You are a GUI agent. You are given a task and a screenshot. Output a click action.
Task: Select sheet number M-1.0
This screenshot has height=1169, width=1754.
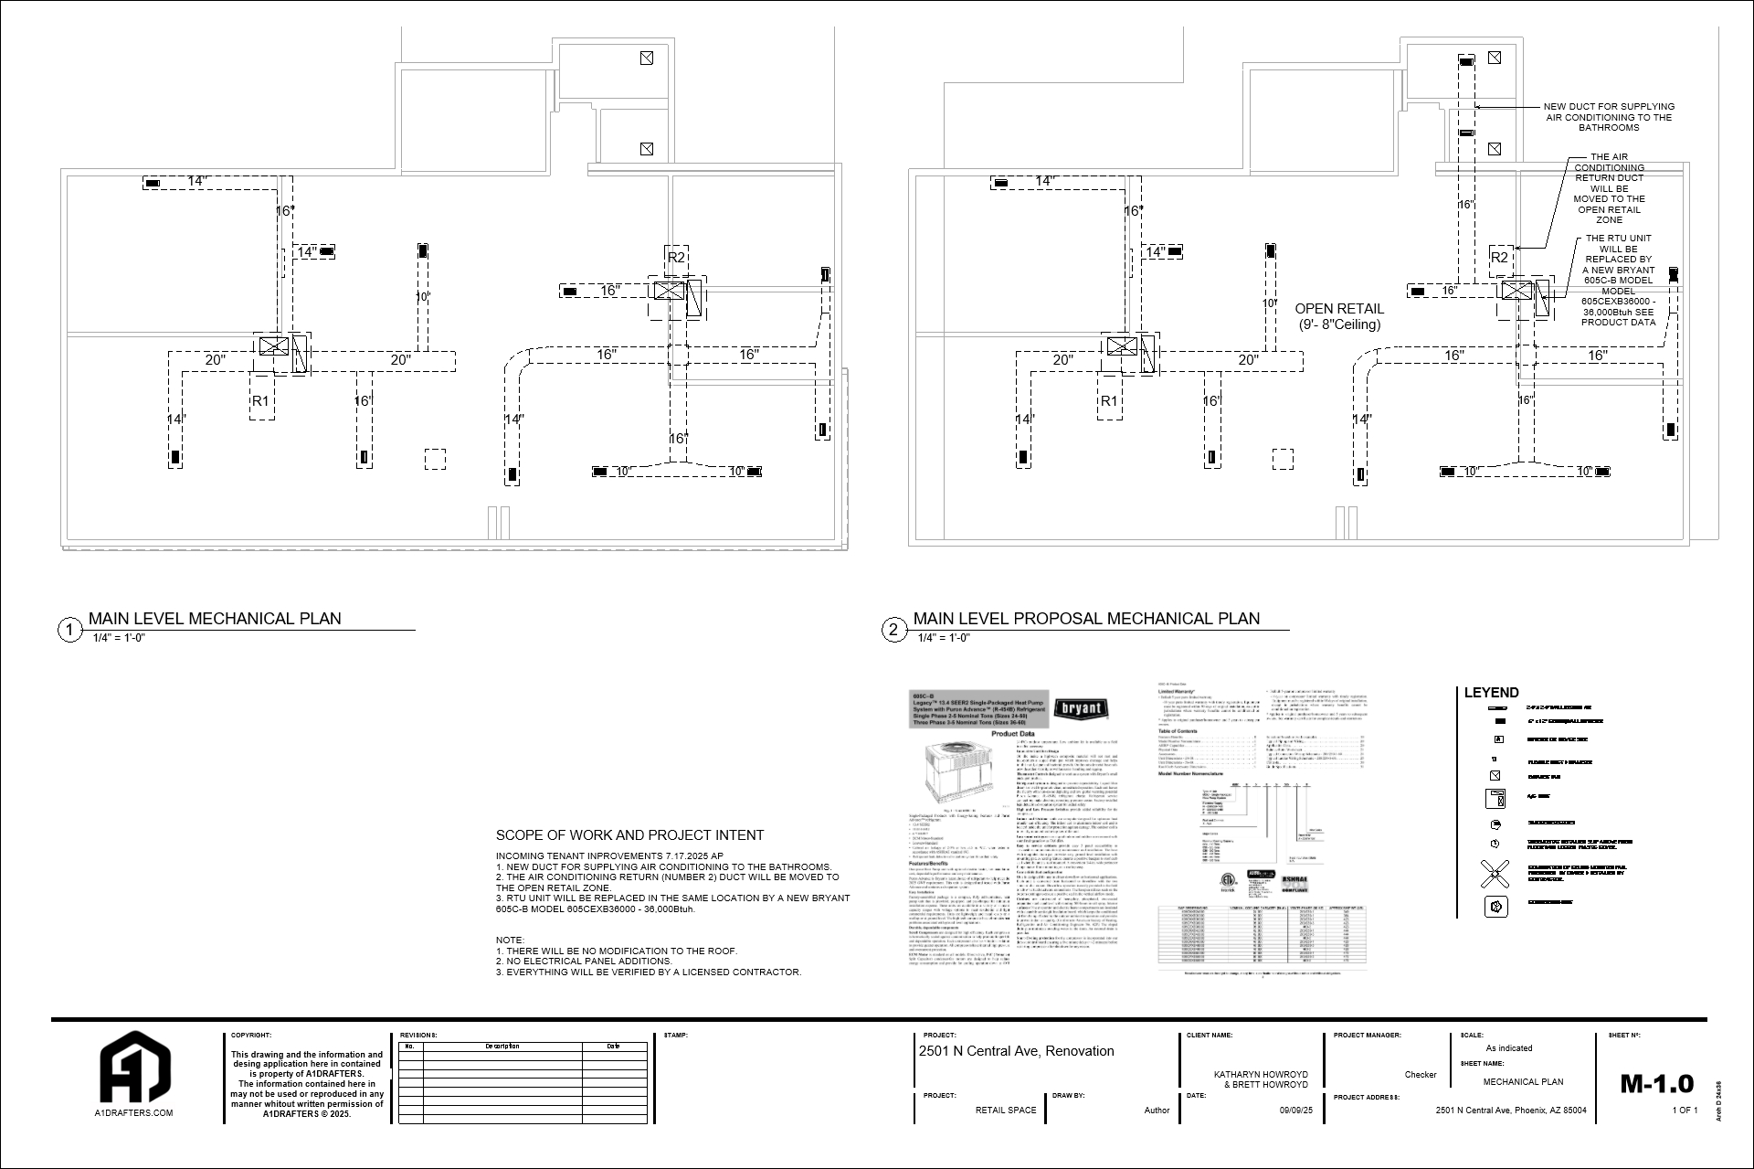1656,1084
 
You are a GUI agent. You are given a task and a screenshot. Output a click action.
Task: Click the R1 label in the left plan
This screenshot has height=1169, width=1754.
260,401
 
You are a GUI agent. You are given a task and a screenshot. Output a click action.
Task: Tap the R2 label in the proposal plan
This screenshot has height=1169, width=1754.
1499,258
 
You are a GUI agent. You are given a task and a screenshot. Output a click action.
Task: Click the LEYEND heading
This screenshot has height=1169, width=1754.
1491,693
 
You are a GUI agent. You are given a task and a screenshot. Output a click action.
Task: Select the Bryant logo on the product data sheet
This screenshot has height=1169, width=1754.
1082,709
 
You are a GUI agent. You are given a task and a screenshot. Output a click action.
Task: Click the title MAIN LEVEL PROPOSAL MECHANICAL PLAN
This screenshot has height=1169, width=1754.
1085,619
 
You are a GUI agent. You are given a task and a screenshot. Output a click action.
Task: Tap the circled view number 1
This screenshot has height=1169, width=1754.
70,630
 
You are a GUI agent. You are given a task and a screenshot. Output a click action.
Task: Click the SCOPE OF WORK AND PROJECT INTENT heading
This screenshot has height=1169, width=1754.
629,834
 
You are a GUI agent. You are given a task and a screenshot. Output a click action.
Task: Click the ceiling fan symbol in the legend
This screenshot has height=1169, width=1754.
1495,874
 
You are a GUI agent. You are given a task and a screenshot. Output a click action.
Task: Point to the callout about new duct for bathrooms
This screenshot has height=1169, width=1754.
1609,117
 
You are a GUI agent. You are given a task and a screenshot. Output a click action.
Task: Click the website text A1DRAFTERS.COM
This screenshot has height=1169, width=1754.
134,1113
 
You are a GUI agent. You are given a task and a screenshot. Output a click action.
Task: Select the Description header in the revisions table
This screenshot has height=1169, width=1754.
502,1046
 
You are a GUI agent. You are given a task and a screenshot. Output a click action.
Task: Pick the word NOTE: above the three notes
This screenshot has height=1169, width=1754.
510,941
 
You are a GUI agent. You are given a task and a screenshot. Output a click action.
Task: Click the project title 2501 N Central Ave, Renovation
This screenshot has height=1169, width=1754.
1016,1051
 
